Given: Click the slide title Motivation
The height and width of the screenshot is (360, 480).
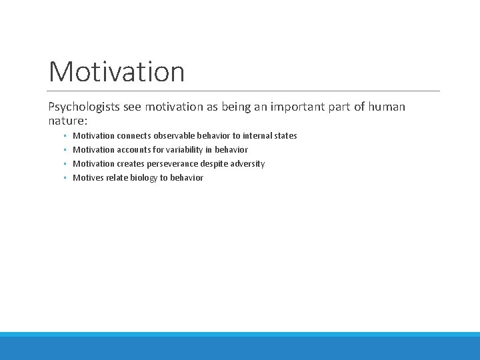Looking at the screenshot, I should [117, 71].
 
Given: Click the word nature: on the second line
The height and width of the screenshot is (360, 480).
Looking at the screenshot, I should [67, 121].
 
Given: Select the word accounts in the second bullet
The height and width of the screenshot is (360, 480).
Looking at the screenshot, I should [135, 149].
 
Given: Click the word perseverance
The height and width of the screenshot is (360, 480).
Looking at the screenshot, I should [175, 163].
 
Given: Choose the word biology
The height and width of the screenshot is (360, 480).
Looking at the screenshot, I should [143, 177].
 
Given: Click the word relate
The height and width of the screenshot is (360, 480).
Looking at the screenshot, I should [117, 177].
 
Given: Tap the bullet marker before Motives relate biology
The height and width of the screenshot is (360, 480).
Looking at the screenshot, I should [65, 178].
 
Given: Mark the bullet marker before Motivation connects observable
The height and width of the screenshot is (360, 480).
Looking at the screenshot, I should [65, 136].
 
